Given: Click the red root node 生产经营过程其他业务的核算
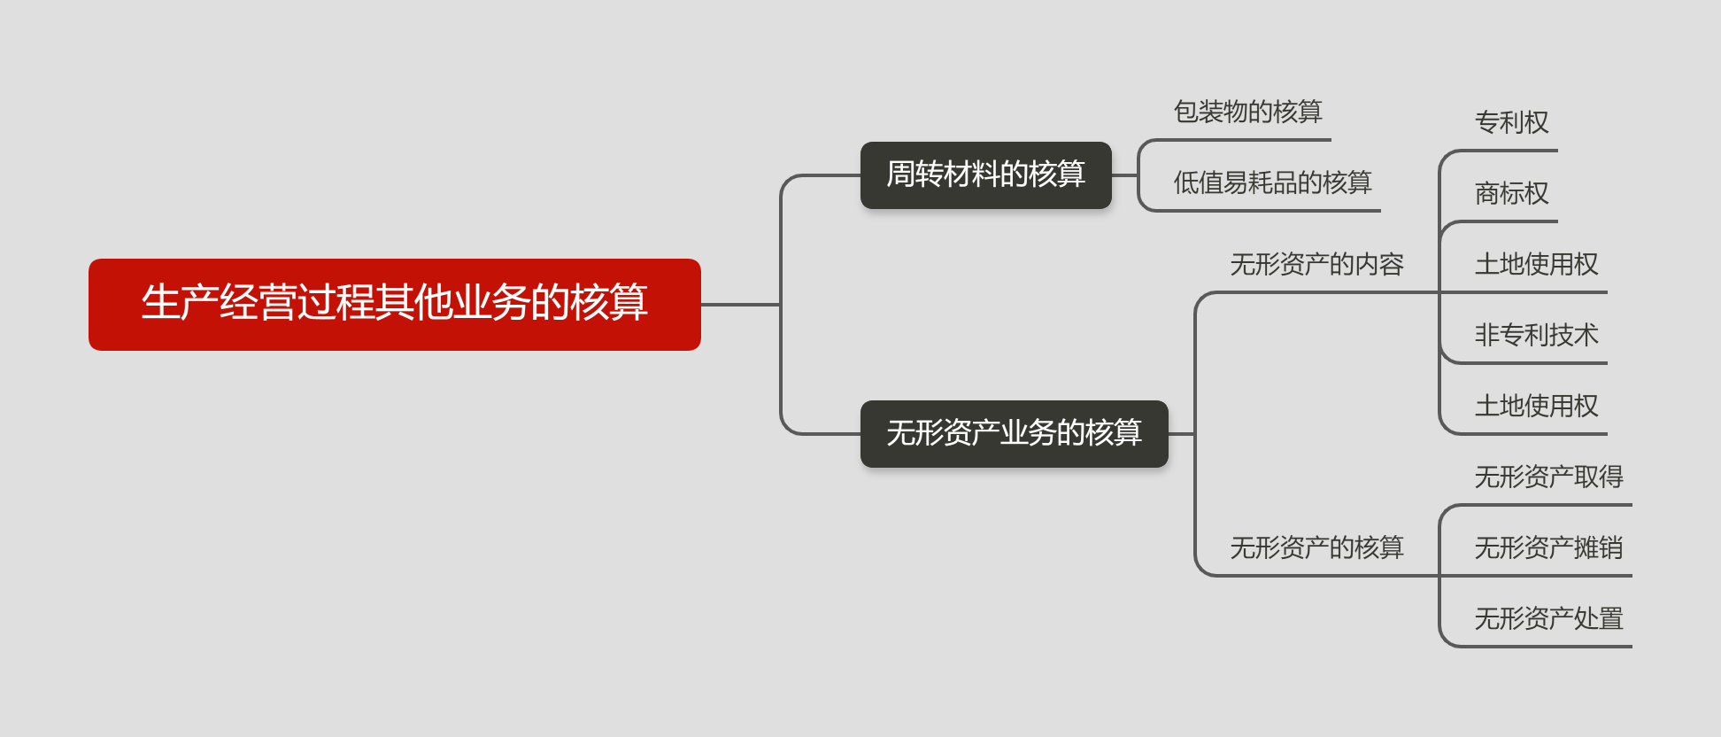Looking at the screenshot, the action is [394, 304].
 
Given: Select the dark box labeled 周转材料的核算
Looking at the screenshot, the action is [985, 175].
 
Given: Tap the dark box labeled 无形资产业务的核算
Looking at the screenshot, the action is [1014, 433].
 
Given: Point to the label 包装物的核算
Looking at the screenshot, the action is [1247, 112].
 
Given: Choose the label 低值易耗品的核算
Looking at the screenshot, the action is [1272, 182].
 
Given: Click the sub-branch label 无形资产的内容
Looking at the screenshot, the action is [1316, 264].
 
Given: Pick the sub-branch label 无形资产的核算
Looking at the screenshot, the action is [1316, 547].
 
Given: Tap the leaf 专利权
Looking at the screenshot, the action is [1511, 122].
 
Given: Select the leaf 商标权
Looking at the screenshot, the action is [1511, 193].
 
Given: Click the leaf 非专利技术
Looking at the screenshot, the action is [1536, 335].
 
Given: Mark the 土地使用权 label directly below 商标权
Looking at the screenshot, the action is [1536, 264].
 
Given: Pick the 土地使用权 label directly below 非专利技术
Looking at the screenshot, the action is [1536, 406].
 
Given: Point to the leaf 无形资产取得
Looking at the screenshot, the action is [1548, 477].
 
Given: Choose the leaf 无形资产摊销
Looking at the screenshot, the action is [1548, 547].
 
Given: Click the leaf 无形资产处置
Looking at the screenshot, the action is [1548, 618].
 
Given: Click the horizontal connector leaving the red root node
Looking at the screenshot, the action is [739, 305].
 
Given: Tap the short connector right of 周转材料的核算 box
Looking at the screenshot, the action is [1124, 175].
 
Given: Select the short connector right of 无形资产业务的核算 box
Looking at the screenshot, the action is [1181, 434].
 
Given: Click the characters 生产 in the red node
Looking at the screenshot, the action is [180, 303].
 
